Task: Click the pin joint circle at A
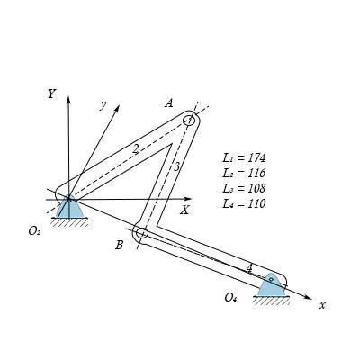point(189,121)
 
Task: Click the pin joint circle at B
point(141,233)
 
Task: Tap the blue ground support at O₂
point(69,209)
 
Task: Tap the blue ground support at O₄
point(270,286)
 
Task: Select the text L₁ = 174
point(244,157)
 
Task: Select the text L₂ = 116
point(244,173)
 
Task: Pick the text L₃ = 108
point(244,188)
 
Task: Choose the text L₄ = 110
point(244,203)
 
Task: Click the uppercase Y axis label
point(52,94)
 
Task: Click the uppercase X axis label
point(184,210)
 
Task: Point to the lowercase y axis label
point(103,104)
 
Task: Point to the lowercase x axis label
point(321,305)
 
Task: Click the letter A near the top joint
point(168,103)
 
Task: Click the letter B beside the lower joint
point(119,245)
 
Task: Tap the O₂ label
point(34,231)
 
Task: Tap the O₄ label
point(231,297)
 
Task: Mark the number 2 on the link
point(136,149)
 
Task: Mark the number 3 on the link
point(176,166)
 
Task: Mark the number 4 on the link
point(249,267)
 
